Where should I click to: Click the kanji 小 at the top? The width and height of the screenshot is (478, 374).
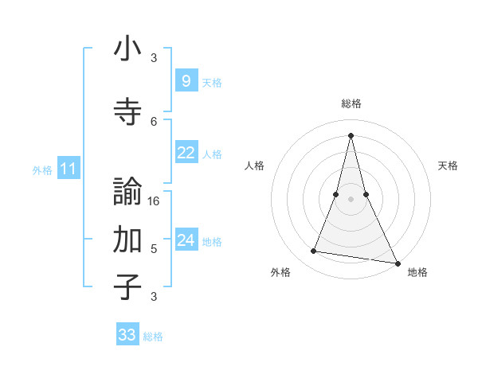pos(127,49)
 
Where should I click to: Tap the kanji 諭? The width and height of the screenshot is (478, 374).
pos(127,192)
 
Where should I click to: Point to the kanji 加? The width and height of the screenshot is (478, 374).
pos(127,239)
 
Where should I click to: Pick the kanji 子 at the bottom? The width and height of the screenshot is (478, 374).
pos(127,286)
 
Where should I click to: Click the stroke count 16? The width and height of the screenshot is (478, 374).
pos(155,201)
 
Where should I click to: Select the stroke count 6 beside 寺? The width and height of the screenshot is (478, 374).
pos(155,121)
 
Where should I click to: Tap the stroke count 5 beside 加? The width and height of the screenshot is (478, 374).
pos(155,249)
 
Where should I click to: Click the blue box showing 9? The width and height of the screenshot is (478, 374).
pos(186,80)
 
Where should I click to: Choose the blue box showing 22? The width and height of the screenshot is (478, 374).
pos(186,153)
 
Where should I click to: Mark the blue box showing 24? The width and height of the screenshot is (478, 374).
pos(186,240)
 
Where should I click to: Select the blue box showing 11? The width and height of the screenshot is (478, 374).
pos(69,169)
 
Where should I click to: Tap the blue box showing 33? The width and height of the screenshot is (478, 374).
pos(127,335)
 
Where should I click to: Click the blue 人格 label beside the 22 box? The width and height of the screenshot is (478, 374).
pos(212,154)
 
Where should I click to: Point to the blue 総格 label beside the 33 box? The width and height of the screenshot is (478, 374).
pos(153,337)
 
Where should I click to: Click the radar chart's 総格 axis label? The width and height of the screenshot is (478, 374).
pos(351,103)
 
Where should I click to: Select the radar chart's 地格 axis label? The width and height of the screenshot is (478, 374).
pos(417,272)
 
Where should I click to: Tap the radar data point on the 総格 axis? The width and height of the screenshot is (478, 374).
pos(351,134)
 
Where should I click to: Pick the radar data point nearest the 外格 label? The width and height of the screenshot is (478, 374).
pos(314,251)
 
